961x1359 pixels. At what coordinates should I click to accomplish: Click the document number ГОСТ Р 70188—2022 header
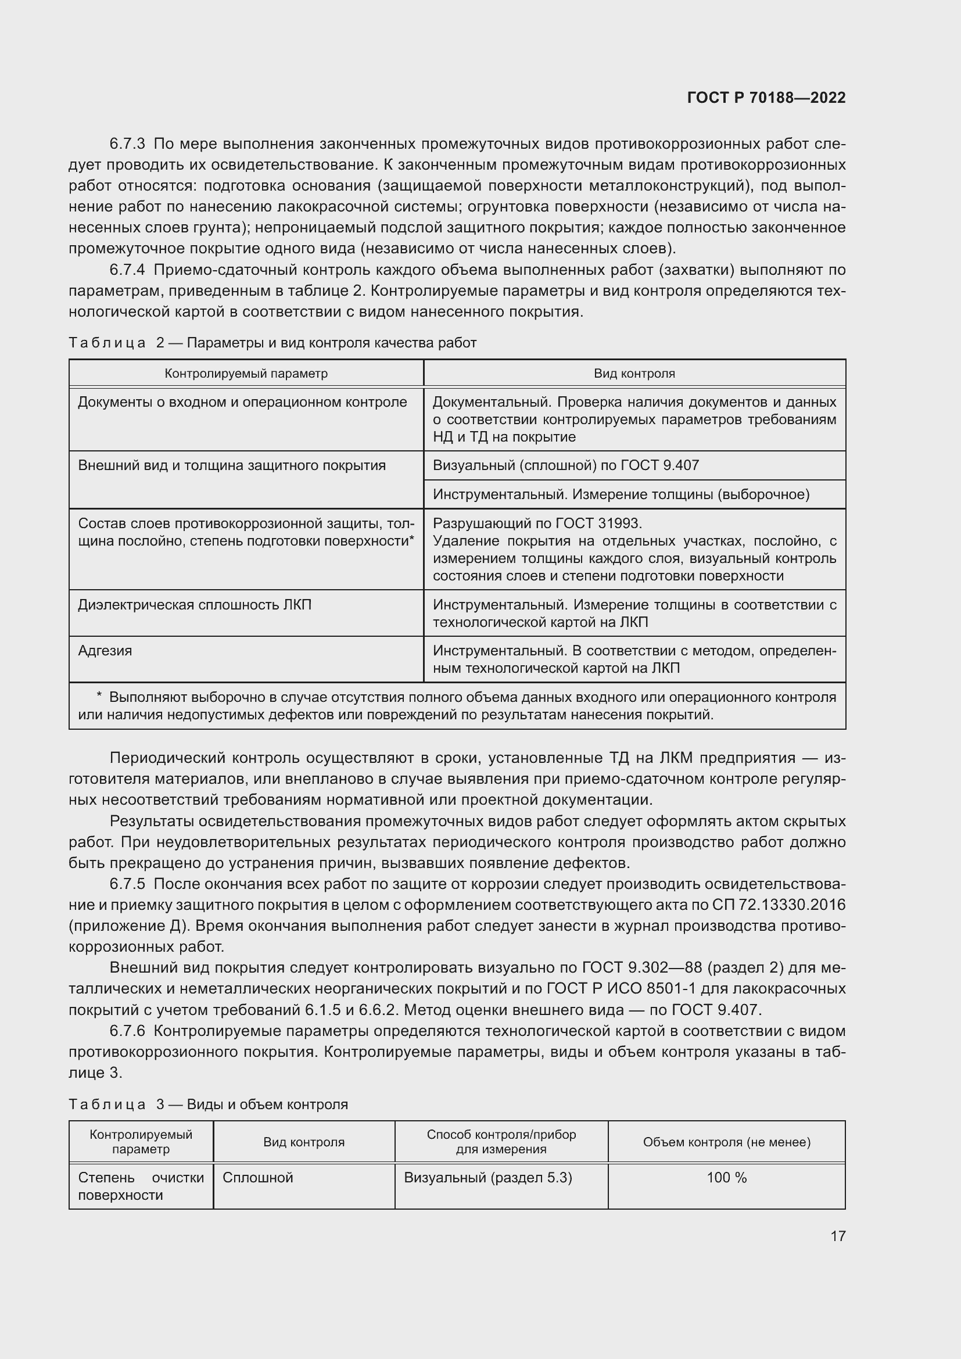pos(766,98)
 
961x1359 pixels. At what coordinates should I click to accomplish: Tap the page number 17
pos(838,1236)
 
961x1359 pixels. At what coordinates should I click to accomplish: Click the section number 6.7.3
pos(127,144)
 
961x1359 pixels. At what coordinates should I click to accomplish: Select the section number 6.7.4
pos(127,270)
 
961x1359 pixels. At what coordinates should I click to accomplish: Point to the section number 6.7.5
pos(127,884)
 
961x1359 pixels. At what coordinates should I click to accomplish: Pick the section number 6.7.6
pos(127,1031)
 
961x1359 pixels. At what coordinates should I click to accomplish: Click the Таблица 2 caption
pos(272,343)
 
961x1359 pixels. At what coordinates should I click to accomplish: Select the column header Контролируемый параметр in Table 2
pos(246,374)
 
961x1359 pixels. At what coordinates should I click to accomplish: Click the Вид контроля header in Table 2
pos(634,374)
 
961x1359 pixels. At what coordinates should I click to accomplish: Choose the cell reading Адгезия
pos(105,651)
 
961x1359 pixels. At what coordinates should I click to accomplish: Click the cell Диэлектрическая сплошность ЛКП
pos(195,605)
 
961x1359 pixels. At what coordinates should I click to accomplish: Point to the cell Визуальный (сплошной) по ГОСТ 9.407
pos(566,465)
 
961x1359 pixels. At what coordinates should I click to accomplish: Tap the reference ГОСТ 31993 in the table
pos(604,523)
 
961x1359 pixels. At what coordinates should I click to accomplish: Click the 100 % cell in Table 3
pos(727,1178)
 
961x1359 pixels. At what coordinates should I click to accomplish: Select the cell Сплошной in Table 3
pos(258,1178)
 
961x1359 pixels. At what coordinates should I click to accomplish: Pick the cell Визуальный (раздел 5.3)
pos(488,1178)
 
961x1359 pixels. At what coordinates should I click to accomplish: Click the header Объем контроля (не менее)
pos(727,1142)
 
